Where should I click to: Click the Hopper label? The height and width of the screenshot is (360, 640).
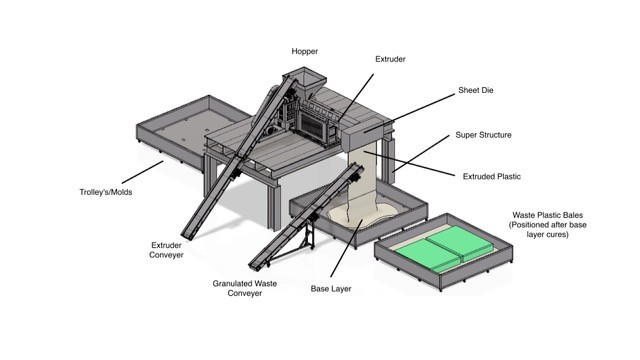(x=304, y=51)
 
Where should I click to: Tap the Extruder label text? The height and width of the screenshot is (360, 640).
(x=390, y=59)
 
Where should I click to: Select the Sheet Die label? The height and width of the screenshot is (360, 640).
(x=476, y=90)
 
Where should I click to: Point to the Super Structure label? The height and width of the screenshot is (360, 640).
(x=483, y=135)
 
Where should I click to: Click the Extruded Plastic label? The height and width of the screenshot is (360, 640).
(x=492, y=177)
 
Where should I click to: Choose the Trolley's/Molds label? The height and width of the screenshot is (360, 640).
(x=106, y=192)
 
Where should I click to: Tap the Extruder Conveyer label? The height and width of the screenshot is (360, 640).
(x=166, y=250)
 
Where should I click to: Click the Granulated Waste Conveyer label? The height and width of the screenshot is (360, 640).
(x=244, y=289)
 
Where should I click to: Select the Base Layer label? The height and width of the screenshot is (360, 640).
(x=331, y=289)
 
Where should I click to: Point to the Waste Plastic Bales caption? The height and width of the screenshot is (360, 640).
(x=547, y=225)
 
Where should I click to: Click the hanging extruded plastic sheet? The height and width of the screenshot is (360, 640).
(x=362, y=180)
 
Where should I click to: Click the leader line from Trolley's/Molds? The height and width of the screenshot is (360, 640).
(x=142, y=172)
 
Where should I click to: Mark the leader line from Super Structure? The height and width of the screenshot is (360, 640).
(x=421, y=153)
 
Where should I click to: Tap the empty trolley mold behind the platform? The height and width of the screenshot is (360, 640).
(x=192, y=130)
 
